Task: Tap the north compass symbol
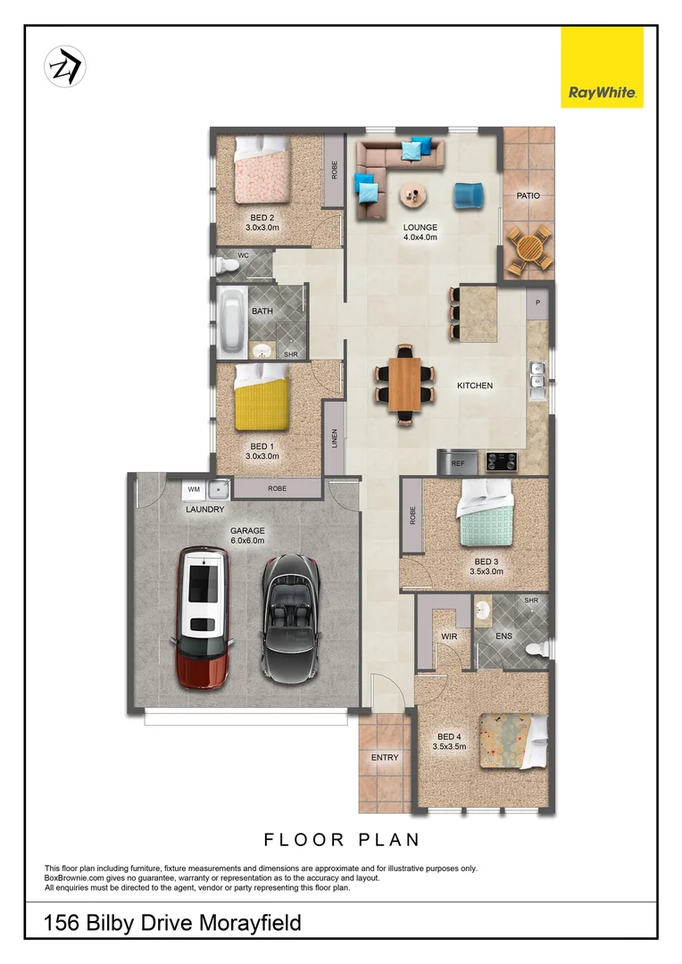point(64,66)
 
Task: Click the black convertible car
point(291,615)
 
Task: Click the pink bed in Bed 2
point(262,172)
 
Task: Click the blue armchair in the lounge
point(467,195)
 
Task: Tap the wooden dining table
point(403,384)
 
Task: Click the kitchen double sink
point(537,378)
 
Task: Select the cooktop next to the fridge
point(501,461)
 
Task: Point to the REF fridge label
point(459,463)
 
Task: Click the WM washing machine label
point(194,489)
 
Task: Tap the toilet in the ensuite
point(536,649)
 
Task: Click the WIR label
point(449,636)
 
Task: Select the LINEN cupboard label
point(335,437)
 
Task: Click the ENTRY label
point(385,758)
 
